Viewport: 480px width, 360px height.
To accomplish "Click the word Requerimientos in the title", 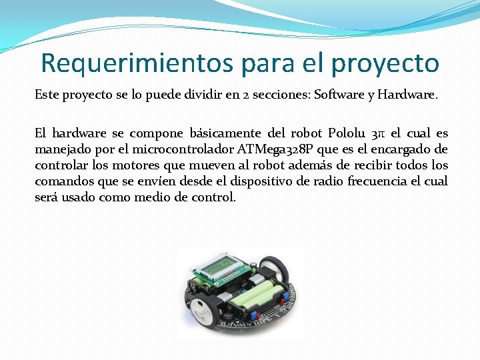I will pos(135,63).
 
